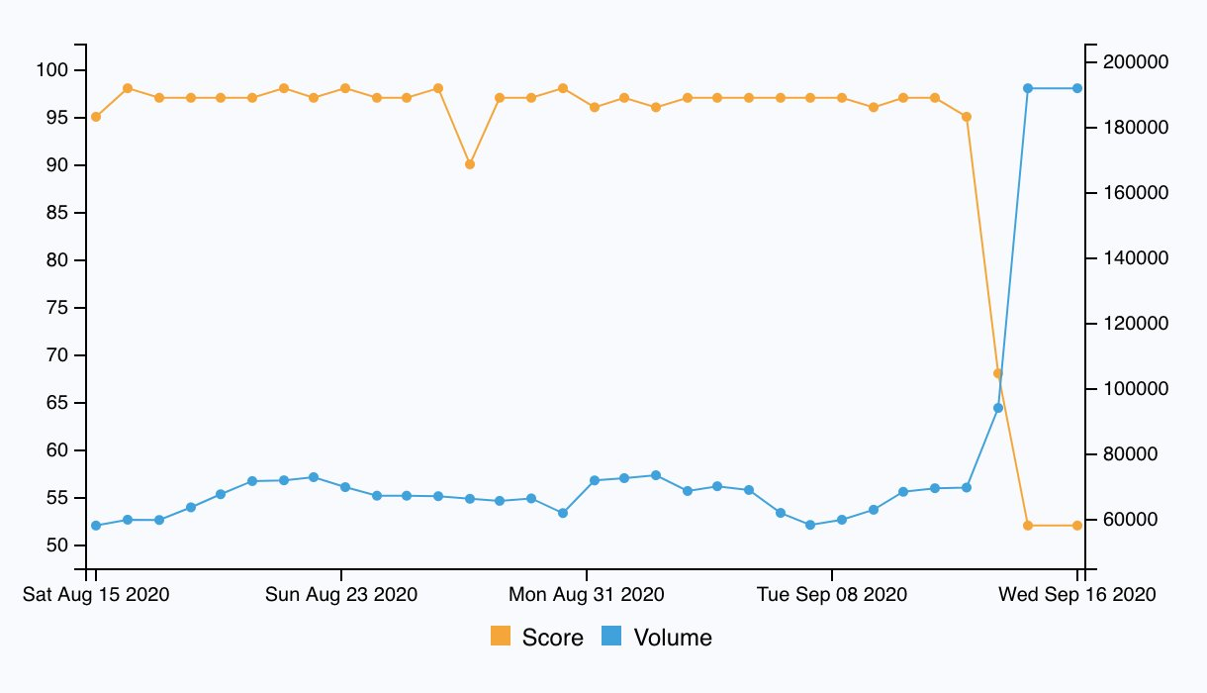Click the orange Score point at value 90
click(470, 164)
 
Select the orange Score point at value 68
click(997, 373)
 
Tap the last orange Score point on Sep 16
click(1077, 526)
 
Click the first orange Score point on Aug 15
click(96, 117)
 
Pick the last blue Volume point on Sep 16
click(1077, 88)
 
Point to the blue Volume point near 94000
click(997, 408)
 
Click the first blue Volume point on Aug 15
click(96, 526)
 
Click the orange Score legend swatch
click(501, 637)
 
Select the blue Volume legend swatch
click(611, 637)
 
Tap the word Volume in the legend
click(673, 638)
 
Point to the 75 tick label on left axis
click(57, 308)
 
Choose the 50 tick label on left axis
click(57, 545)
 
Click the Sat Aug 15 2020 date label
click(96, 595)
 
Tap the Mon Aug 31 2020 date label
click(587, 595)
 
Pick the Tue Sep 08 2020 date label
click(832, 595)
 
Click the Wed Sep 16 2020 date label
click(1077, 595)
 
